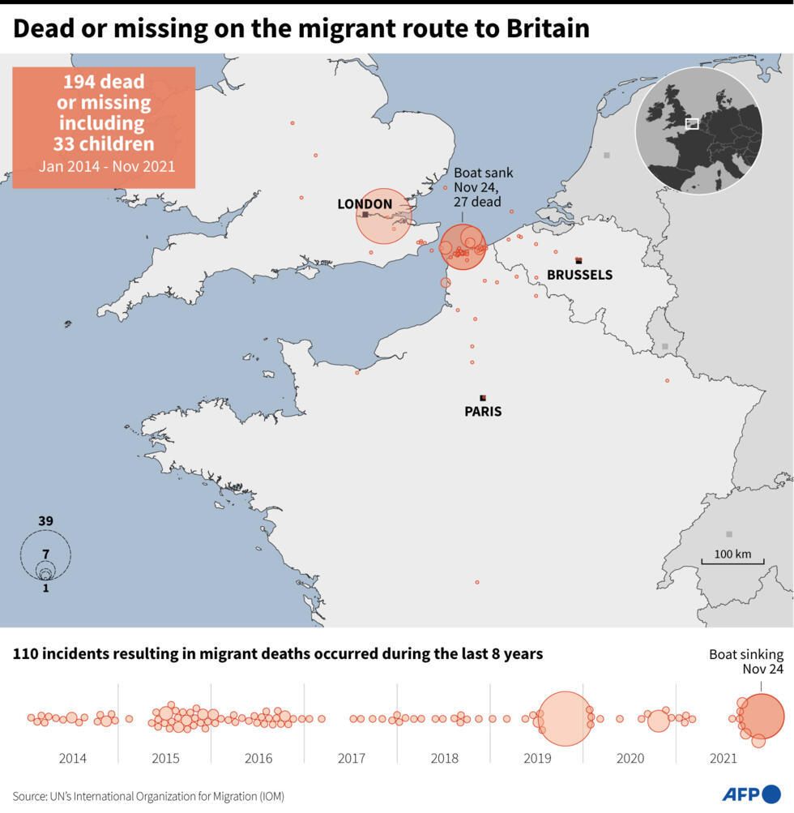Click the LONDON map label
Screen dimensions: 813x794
365,204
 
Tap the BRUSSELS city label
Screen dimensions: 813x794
579,275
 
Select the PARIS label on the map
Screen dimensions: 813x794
483,412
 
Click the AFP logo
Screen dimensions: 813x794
751,794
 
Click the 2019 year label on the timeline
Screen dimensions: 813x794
537,759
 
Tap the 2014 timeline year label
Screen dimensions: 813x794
72,759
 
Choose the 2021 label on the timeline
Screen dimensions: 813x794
724,759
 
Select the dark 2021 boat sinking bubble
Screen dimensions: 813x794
762,717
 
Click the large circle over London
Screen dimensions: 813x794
384,216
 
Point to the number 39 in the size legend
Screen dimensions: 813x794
45,520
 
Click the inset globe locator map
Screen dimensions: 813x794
698,130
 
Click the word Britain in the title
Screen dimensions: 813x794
548,29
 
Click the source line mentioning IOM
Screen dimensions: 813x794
148,796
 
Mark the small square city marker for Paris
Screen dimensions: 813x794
483,397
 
